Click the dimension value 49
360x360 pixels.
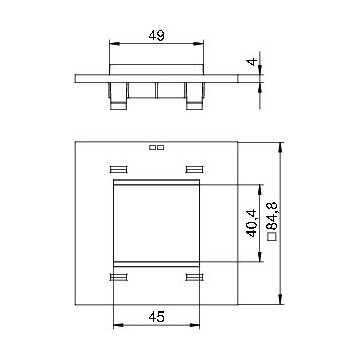click(x=156, y=35)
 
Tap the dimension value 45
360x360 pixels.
click(x=156, y=317)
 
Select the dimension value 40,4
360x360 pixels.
click(x=252, y=223)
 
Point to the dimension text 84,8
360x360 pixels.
click(x=273, y=217)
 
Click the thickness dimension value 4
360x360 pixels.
click(x=252, y=62)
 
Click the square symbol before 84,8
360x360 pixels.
click(x=273, y=236)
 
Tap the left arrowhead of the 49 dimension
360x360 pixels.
click(x=115, y=43)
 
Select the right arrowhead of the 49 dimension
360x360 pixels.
click(x=198, y=43)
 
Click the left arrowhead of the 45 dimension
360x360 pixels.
click(x=119, y=325)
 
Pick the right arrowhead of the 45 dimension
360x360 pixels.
click(x=195, y=325)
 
